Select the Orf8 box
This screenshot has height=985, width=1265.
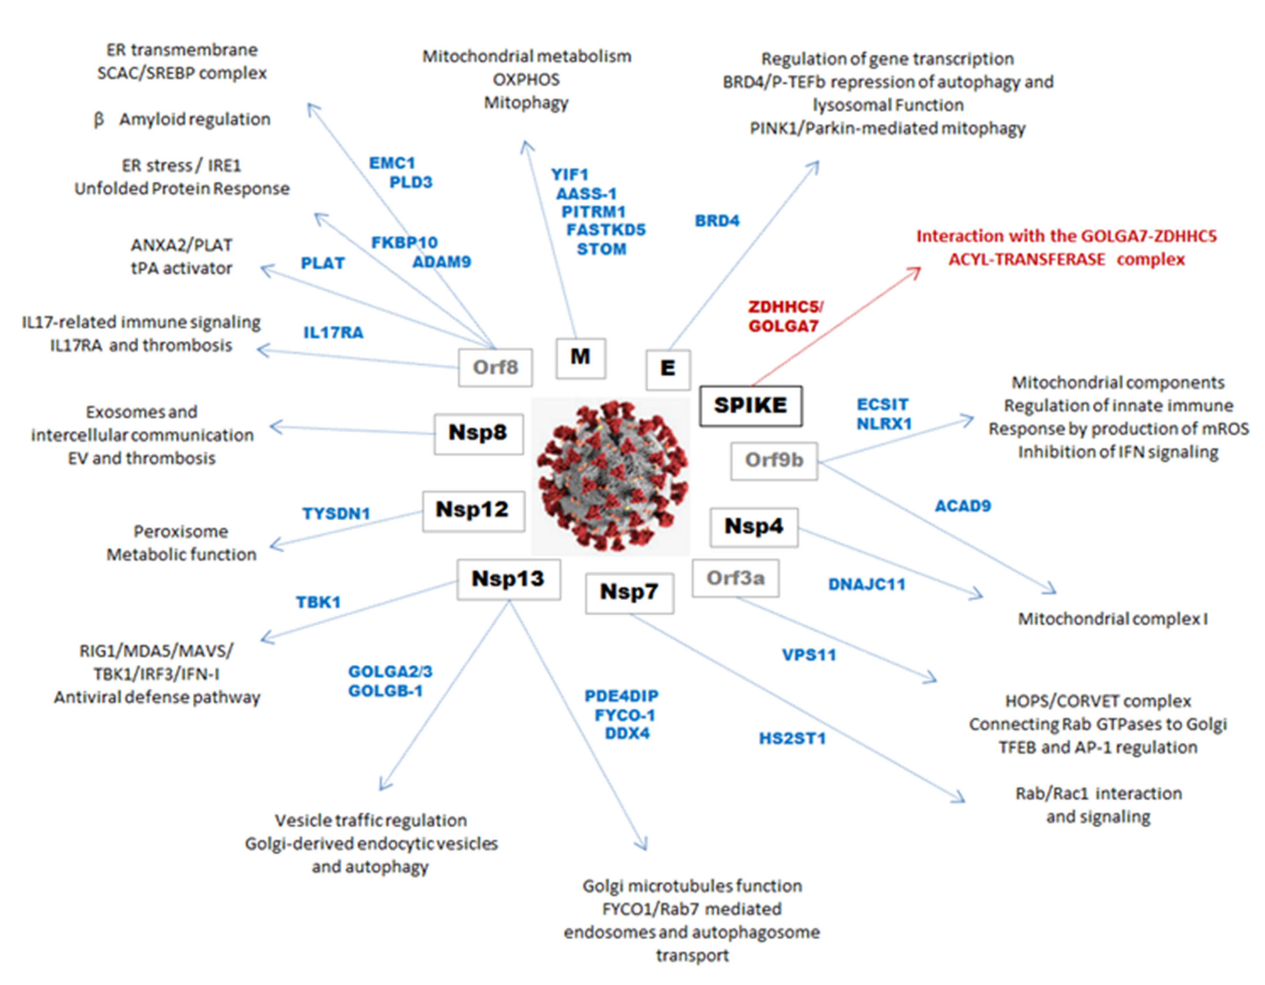[x=495, y=367]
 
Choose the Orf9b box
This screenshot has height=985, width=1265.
[x=774, y=461]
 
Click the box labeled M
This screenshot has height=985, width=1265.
[x=580, y=357]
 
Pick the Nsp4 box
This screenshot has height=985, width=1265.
[x=753, y=527]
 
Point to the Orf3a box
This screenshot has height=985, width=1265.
[x=735, y=578]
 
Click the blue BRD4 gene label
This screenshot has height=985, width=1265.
[x=717, y=221]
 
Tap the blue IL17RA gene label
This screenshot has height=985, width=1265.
[x=333, y=333]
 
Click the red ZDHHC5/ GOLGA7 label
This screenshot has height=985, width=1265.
[x=785, y=316]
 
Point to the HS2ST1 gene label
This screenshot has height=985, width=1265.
[x=792, y=739]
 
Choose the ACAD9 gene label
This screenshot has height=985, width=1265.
[x=963, y=506]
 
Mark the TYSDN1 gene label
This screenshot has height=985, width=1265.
[x=336, y=513]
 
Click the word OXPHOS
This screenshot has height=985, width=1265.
[x=526, y=80]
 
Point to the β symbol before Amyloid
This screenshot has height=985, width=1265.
[x=99, y=119]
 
